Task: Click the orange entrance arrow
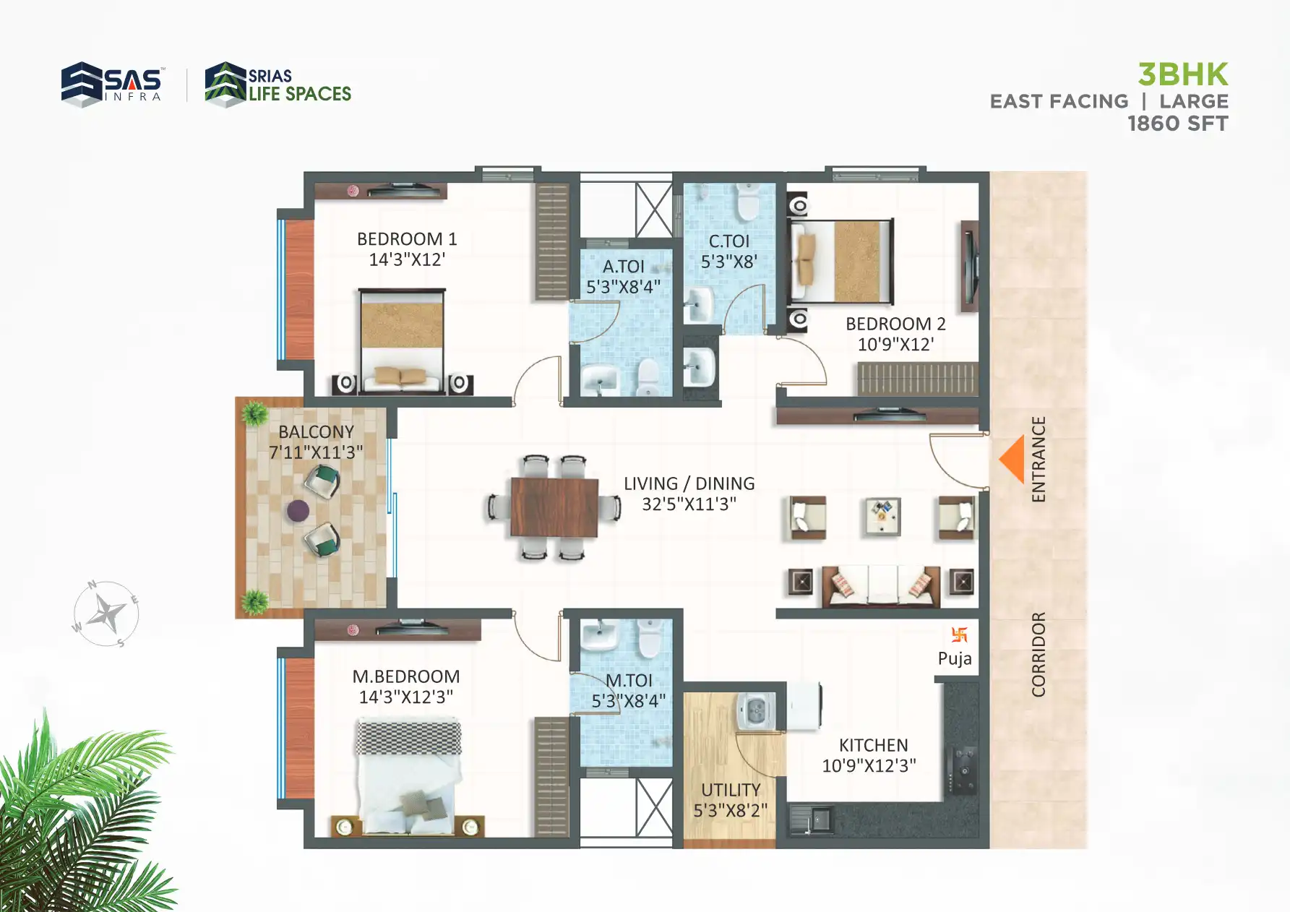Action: click(x=1013, y=459)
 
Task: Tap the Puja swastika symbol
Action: click(x=959, y=634)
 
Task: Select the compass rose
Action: click(x=106, y=614)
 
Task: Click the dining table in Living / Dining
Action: click(x=554, y=507)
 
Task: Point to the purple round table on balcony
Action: click(x=298, y=511)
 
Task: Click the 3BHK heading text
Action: click(x=1182, y=74)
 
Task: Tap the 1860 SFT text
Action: click(x=1177, y=124)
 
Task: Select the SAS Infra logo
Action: click(x=112, y=85)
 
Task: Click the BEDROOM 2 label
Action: click(x=895, y=324)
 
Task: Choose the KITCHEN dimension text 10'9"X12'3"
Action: click(x=869, y=766)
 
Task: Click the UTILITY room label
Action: click(x=731, y=790)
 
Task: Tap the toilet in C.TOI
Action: click(x=747, y=202)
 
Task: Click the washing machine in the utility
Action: click(x=756, y=711)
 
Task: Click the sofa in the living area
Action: click(x=881, y=585)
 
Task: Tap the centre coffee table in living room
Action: click(x=882, y=517)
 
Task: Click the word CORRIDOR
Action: click(x=1039, y=654)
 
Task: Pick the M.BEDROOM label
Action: click(x=405, y=676)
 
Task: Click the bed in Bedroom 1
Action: click(x=402, y=340)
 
